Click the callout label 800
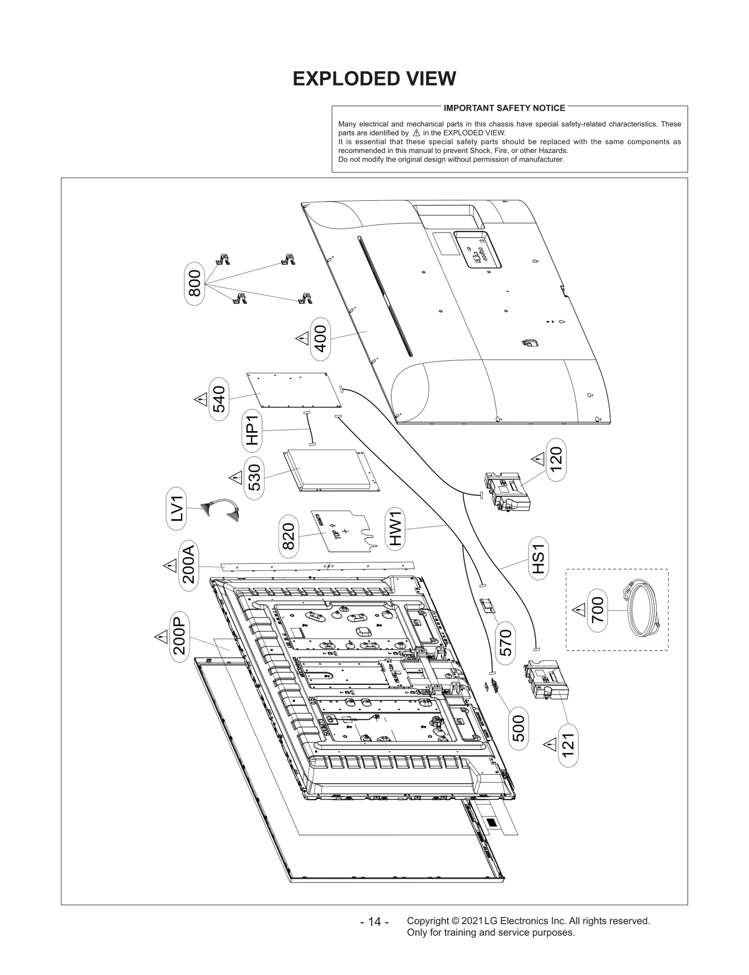click(x=194, y=283)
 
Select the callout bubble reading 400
click(x=321, y=339)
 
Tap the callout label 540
click(x=219, y=399)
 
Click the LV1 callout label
click(x=176, y=509)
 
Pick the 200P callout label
click(x=180, y=636)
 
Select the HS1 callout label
click(x=538, y=559)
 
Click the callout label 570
click(x=506, y=642)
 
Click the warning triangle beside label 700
click(x=579, y=610)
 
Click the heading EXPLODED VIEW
click(x=374, y=79)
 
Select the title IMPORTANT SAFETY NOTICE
click(x=504, y=108)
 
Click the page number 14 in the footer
click(x=374, y=922)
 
